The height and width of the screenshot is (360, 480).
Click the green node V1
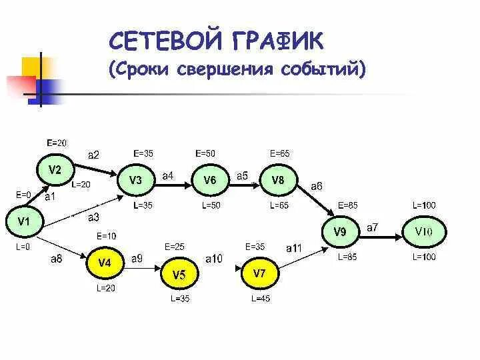(24, 221)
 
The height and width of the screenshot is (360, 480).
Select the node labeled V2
(55, 169)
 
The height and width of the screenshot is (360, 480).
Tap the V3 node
(135, 180)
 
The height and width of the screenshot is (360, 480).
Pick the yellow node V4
(105, 263)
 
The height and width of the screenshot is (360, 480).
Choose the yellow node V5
(179, 275)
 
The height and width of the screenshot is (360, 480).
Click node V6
(209, 180)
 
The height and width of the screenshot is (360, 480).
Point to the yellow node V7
(259, 273)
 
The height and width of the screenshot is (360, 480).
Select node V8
(278, 180)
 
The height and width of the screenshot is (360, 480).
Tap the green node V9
(339, 232)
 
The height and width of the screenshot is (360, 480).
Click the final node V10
(423, 232)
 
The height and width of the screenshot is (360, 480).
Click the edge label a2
(93, 155)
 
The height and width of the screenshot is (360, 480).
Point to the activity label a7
(372, 227)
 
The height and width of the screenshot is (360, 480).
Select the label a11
(294, 248)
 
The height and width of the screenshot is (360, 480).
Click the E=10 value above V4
(106, 236)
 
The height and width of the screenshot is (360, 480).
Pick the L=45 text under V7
(261, 299)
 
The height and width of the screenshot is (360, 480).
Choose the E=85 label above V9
(347, 205)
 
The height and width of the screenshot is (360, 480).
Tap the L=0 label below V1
(23, 247)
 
